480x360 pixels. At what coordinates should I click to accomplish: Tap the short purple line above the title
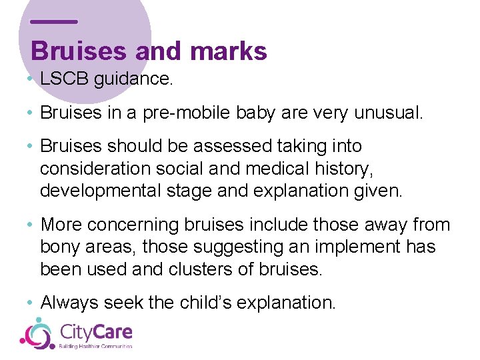(54, 21)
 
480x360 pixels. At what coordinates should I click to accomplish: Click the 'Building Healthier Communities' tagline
(96, 346)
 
